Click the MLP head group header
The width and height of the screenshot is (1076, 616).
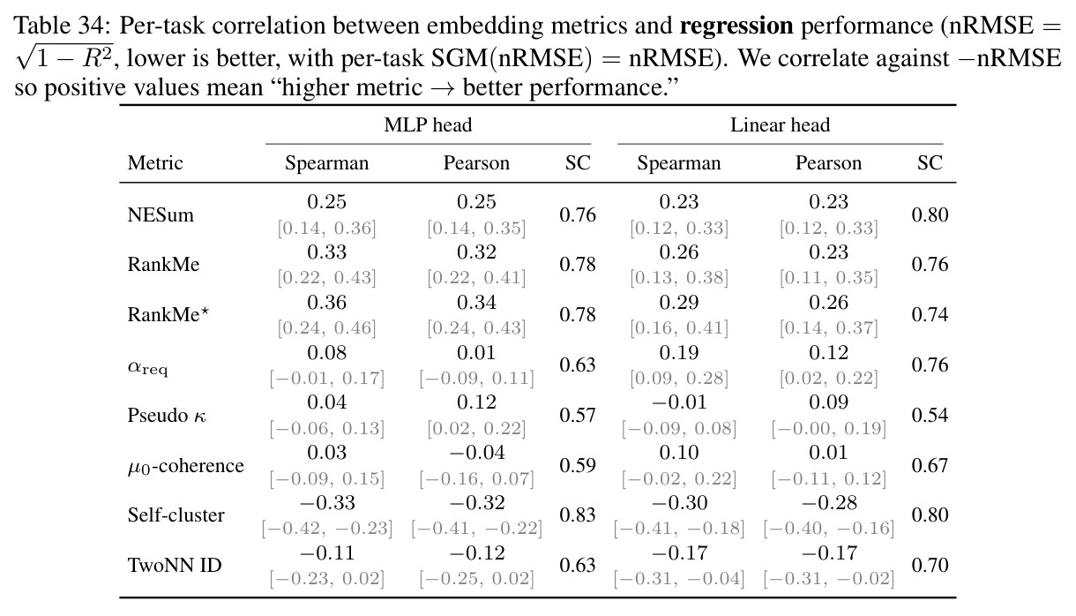click(x=428, y=125)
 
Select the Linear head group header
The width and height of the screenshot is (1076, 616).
click(x=780, y=125)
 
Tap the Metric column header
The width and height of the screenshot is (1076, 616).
click(x=154, y=163)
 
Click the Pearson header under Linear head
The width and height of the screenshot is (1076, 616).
click(x=828, y=163)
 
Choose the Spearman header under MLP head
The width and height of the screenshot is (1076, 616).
click(x=326, y=163)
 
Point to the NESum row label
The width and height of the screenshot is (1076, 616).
click(x=161, y=214)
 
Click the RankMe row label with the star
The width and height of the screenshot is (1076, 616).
click(x=168, y=315)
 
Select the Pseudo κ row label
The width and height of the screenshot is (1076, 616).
click(x=167, y=415)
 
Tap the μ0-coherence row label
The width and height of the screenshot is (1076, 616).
click(x=186, y=466)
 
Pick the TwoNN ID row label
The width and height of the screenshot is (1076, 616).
click(x=175, y=565)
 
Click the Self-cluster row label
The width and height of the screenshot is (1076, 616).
click(x=176, y=515)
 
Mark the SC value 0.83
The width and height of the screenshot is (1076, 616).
click(x=578, y=515)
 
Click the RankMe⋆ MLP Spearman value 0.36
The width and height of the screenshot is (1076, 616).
click(x=326, y=303)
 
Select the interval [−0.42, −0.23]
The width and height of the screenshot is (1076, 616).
click(x=326, y=529)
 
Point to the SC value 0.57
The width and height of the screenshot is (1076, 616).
click(x=578, y=415)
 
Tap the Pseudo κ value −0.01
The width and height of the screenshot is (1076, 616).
click(x=679, y=402)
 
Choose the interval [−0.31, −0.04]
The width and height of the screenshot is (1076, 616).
click(x=679, y=579)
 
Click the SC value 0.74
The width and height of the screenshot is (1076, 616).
click(x=930, y=315)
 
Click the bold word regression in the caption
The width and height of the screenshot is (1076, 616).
click(x=736, y=26)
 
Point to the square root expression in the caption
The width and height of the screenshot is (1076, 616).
click(x=64, y=56)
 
